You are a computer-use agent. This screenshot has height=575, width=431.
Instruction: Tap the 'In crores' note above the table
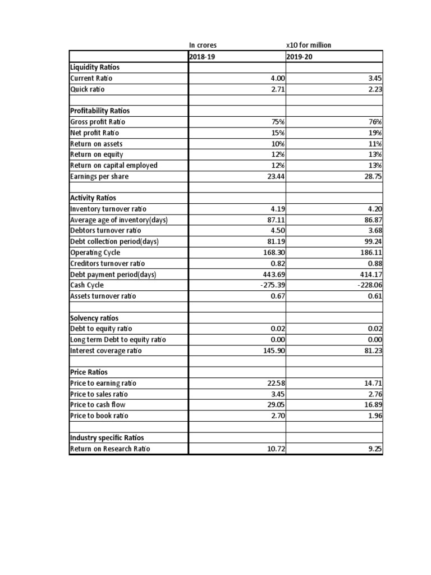click(x=203, y=45)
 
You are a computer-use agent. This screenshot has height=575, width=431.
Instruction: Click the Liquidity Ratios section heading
click(x=95, y=67)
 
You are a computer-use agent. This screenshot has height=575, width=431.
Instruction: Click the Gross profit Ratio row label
click(x=98, y=122)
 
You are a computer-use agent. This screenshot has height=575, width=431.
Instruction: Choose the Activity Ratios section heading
click(x=93, y=198)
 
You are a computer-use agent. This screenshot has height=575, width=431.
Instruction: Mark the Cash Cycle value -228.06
click(x=369, y=285)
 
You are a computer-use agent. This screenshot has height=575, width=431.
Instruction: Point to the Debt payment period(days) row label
click(x=113, y=275)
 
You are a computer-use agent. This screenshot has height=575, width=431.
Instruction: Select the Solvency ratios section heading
click(x=94, y=318)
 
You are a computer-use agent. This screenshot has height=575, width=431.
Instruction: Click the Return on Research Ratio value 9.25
click(x=374, y=449)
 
